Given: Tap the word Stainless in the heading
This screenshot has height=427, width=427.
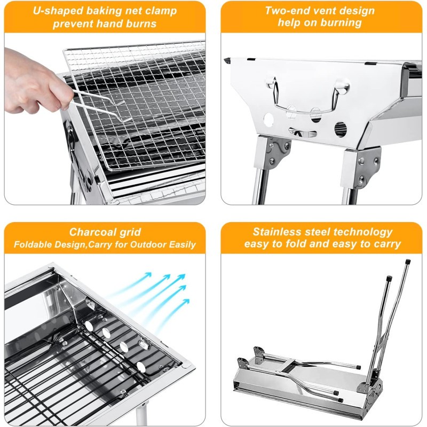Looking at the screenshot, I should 276,232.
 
